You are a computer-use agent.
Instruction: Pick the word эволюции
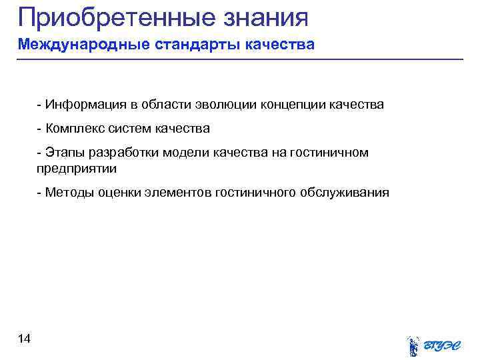224,105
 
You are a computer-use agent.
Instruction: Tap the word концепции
291,105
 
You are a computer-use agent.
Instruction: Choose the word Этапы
63,153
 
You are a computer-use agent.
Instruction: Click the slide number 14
24,340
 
